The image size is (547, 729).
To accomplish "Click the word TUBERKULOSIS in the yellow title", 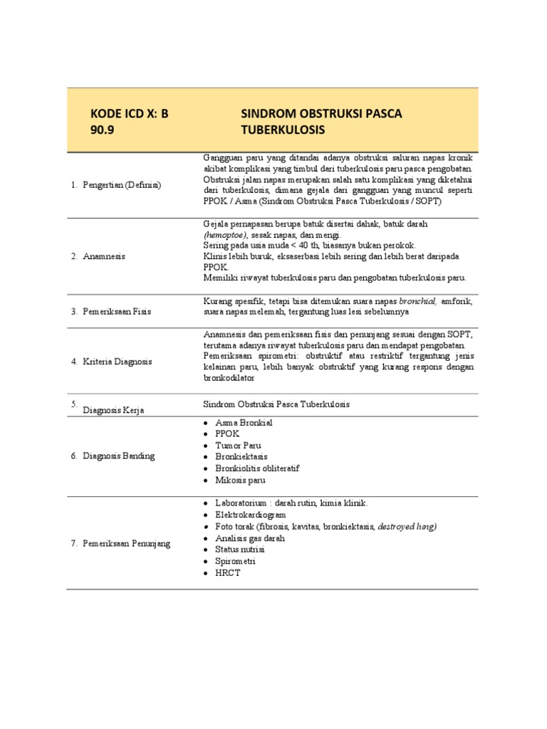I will coord(283,131).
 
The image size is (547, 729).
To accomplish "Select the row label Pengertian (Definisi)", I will coord(121,185).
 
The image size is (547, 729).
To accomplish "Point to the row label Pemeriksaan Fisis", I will coord(115,311).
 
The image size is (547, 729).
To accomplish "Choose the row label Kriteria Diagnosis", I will coord(117,362).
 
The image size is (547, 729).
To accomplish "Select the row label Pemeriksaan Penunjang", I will coord(125,544).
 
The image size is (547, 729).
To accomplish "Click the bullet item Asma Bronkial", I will coord(244,422).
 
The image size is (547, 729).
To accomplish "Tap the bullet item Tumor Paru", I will coord(238,445).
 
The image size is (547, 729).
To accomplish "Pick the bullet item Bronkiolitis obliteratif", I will coord(257,468).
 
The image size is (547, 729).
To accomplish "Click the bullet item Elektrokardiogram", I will coord(250,515).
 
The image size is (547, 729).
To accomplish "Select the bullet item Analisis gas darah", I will coord(249,538).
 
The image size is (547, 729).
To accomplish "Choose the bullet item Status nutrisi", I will coord(240,550).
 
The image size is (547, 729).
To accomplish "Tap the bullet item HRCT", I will coord(228,573).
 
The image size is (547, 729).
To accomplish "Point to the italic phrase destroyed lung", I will coord(407,526).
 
